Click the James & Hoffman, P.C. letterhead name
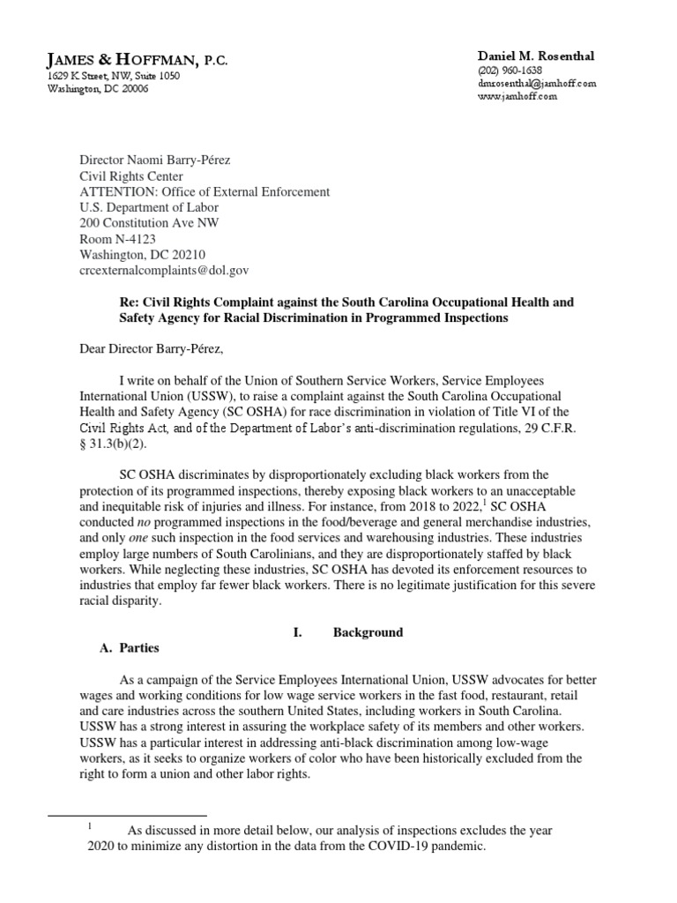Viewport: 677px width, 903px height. [137, 59]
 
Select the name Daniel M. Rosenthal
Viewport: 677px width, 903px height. [535, 56]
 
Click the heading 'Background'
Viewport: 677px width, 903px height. [368, 632]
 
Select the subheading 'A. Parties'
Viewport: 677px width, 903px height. [128, 648]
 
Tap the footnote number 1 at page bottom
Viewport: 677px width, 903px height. [90, 826]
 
